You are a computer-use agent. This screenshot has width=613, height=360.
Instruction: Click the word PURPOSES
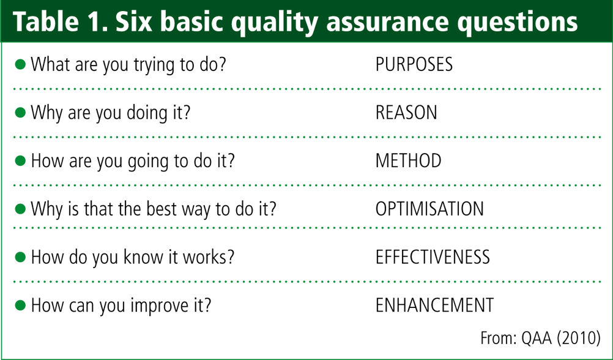click(x=414, y=64)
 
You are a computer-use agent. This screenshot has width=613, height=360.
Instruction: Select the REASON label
click(x=406, y=113)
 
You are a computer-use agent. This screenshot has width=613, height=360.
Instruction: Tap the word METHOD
click(x=409, y=161)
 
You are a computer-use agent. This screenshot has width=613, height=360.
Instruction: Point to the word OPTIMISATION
click(x=429, y=209)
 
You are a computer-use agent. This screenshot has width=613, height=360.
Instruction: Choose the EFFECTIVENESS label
click(x=433, y=257)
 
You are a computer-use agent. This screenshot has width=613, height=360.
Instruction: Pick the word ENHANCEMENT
click(x=435, y=306)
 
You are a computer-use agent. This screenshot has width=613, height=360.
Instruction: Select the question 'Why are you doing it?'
click(x=111, y=113)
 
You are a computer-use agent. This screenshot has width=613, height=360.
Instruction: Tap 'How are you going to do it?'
click(x=133, y=162)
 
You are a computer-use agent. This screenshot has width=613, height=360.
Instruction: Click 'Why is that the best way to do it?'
click(x=154, y=209)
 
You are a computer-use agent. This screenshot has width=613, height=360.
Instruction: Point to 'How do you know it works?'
click(x=133, y=258)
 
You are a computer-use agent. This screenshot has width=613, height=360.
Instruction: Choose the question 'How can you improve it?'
click(x=121, y=306)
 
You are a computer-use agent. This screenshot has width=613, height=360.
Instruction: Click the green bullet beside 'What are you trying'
click(x=20, y=64)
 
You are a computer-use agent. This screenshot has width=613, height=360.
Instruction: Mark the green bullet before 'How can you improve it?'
click(x=20, y=306)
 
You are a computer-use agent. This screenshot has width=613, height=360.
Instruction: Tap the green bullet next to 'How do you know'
click(x=20, y=257)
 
